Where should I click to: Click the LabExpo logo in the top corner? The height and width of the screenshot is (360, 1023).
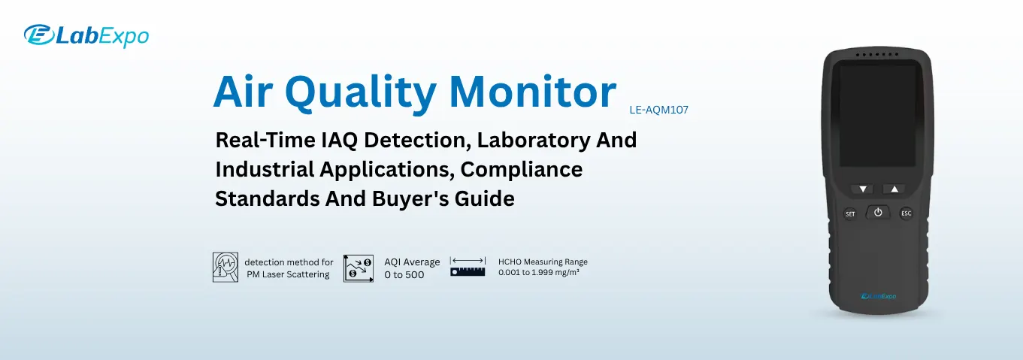tap(86, 35)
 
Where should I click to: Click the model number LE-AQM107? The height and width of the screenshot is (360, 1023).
tap(658, 110)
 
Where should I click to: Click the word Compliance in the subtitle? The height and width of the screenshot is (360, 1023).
tap(522, 170)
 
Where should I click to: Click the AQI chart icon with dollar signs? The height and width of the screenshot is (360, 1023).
tap(359, 268)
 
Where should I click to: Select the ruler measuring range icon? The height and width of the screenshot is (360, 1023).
tap(468, 266)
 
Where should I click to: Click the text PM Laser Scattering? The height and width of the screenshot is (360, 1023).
tap(288, 274)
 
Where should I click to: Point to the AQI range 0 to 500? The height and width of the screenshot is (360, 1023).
tap(404, 274)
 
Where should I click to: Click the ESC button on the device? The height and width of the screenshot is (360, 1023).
tap(906, 213)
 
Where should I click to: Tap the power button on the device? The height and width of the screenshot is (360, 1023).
tap(877, 213)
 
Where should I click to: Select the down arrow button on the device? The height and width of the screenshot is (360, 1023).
tap(863, 189)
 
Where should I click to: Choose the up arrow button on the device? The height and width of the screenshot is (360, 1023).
tap(894, 189)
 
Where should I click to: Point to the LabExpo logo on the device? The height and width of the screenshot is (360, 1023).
tap(878, 295)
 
